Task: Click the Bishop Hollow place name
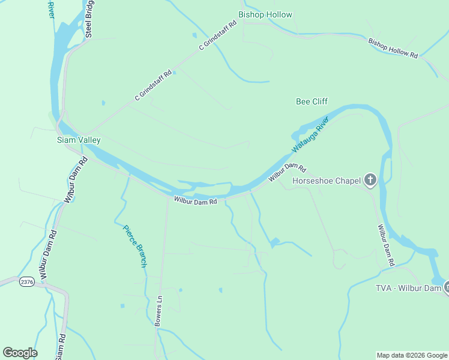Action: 265,14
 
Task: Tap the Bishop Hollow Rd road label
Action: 393,48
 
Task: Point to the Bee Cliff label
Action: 312,101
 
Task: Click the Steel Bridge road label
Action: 89,19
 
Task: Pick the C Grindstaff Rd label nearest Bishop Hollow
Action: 218,36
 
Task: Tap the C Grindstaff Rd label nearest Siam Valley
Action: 153,85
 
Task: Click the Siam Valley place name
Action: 79,140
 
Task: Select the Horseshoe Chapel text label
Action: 326,180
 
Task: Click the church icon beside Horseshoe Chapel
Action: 370,179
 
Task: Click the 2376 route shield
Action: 26,281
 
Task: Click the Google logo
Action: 20,353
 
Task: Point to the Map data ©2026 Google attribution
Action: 412,355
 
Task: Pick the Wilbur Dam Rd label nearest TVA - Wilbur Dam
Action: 385,245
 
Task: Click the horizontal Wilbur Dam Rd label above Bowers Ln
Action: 196,202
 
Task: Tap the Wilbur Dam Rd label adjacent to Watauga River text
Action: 288,172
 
